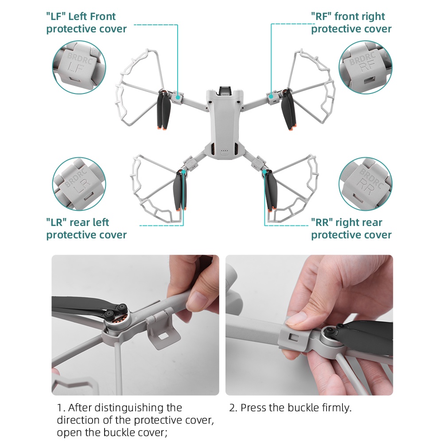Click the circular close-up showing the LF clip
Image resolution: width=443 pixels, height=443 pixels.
[x=79, y=67]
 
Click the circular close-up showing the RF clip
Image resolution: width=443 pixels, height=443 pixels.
[x=365, y=67]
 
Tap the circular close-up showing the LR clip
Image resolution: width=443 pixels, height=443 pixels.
[x=79, y=184]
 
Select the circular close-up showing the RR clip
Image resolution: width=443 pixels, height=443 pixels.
[x=365, y=184]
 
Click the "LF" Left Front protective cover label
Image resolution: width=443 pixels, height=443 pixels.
[x=86, y=23]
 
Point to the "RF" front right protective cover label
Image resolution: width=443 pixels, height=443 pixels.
[x=351, y=23]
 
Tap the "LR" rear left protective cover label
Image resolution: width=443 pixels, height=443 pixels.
[x=86, y=229]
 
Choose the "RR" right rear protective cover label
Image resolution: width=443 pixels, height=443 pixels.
[x=351, y=229]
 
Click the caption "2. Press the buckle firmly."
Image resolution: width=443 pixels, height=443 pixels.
[x=290, y=408]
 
